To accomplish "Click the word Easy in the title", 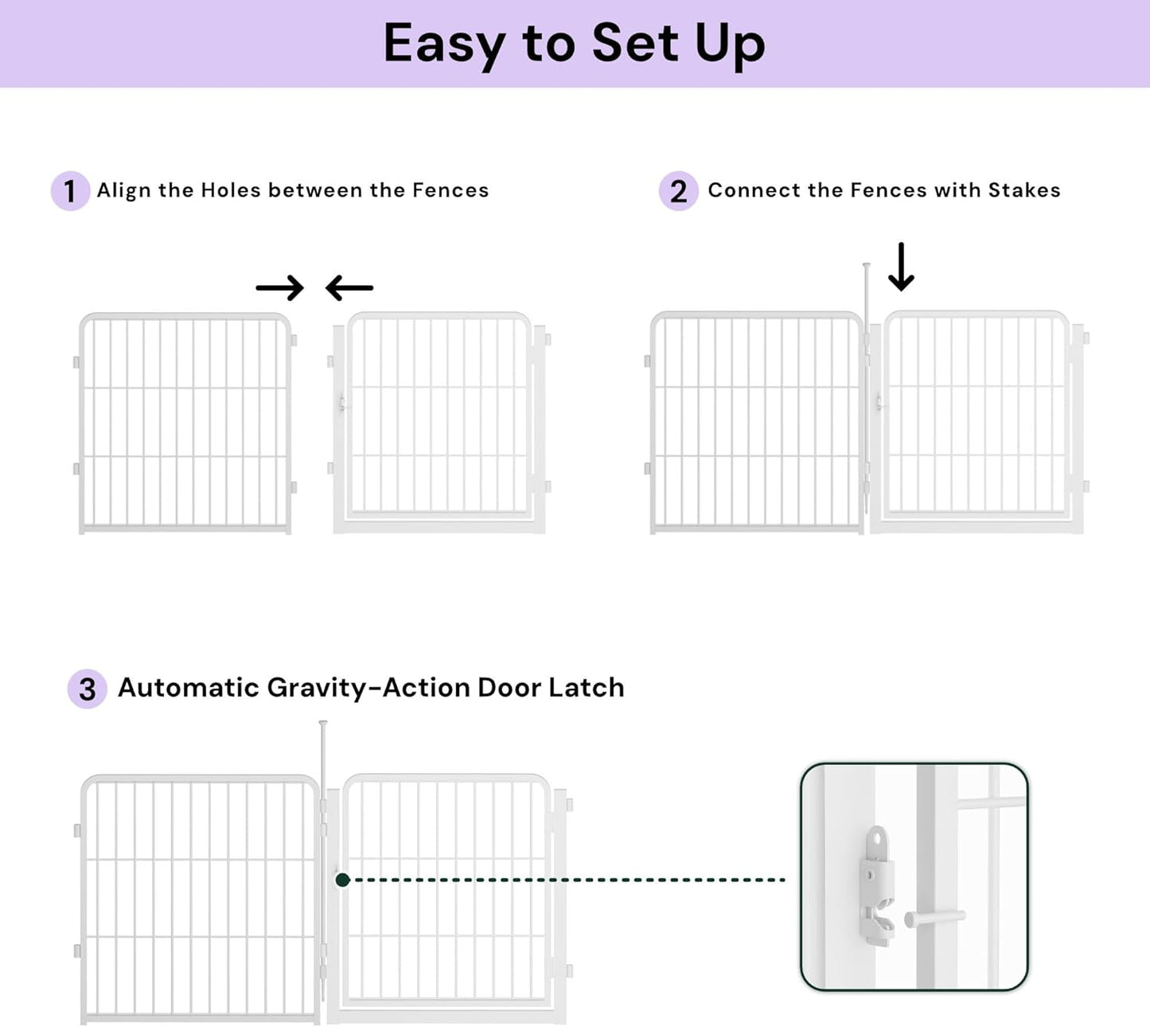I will (x=444, y=44).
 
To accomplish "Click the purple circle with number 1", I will (x=70, y=191).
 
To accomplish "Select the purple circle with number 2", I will (x=678, y=191).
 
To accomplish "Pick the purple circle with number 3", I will (x=87, y=689).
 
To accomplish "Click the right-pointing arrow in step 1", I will (x=279, y=287).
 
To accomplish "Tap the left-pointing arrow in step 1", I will (x=349, y=287).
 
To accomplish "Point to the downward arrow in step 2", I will (x=901, y=267).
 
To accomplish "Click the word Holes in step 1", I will (x=231, y=190).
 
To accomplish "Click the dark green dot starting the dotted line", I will (x=343, y=880).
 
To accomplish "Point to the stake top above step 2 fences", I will (x=866, y=266).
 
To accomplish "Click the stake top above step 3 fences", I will (x=323, y=724).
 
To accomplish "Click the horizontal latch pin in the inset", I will (x=936, y=918).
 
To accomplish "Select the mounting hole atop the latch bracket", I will (x=876, y=837).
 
